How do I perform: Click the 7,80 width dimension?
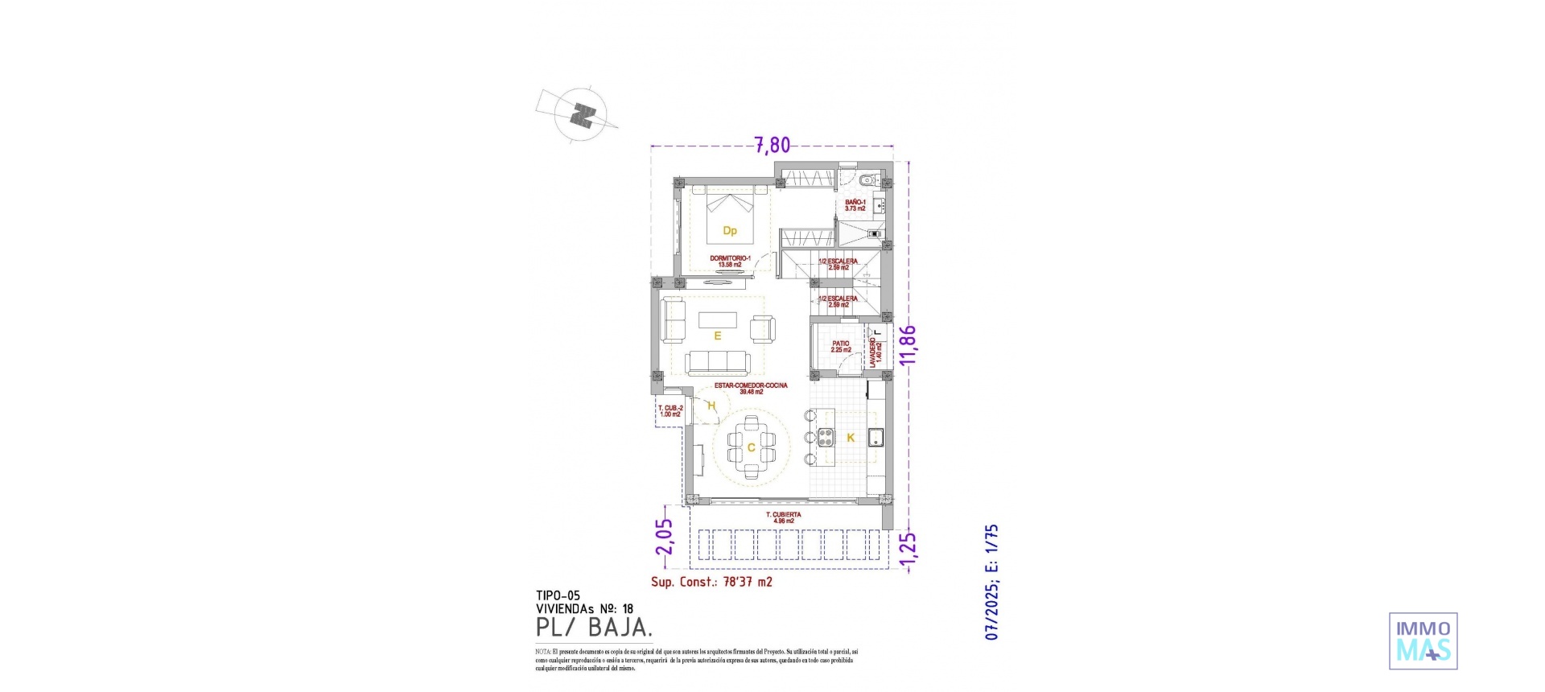(x=772, y=146)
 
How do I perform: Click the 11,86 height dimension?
(x=908, y=345)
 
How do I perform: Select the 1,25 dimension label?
(x=908, y=551)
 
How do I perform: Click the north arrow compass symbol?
(x=582, y=115)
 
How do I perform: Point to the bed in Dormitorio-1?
(x=730, y=217)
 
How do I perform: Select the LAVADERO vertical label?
(x=875, y=352)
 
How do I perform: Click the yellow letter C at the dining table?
(x=751, y=448)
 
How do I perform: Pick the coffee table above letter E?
(x=717, y=319)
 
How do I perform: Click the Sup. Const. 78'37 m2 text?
(x=711, y=582)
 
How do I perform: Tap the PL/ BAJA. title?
(x=594, y=628)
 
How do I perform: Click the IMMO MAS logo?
(x=1423, y=641)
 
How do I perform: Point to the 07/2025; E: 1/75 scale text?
(x=992, y=582)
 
